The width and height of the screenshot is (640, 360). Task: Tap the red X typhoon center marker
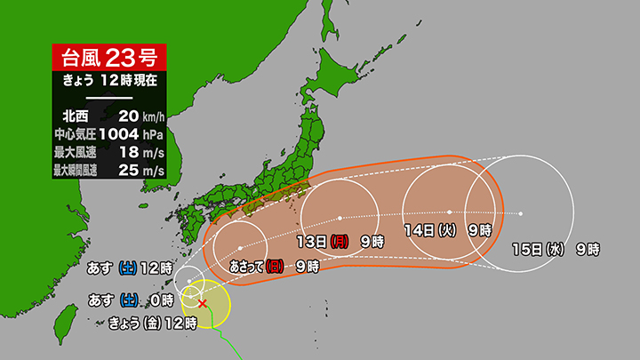click(203, 304)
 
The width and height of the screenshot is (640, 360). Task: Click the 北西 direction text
click(77, 115)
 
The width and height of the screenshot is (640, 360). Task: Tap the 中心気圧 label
click(77, 133)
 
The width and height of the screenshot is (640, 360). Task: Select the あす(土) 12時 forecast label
click(129, 267)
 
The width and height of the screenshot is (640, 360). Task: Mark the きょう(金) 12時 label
click(152, 324)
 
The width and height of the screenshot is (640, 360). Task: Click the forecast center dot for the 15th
click(521, 213)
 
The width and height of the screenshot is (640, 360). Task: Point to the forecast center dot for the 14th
click(450, 212)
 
